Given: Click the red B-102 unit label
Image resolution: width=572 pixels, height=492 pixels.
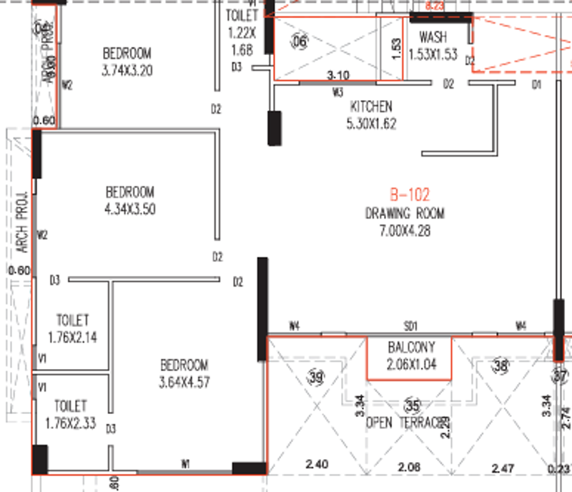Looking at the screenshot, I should pyautogui.click(x=410, y=195).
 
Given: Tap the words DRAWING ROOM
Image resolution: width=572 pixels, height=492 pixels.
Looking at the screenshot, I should pyautogui.click(x=405, y=213).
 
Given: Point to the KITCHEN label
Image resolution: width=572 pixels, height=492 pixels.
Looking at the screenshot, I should pyautogui.click(x=370, y=107).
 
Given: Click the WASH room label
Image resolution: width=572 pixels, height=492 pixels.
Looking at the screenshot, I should pyautogui.click(x=433, y=37).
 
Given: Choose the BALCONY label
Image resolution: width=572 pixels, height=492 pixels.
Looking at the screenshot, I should pyautogui.click(x=410, y=347).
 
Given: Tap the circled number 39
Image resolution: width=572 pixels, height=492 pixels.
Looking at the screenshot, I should pyautogui.click(x=316, y=377).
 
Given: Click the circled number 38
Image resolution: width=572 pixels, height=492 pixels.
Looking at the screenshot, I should pyautogui.click(x=500, y=366).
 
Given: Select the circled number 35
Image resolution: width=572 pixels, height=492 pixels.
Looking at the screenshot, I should pyautogui.click(x=411, y=405).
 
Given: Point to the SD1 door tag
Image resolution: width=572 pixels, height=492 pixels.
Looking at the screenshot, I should pyautogui.click(x=411, y=326).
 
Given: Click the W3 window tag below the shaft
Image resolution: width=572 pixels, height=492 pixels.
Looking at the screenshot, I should pyautogui.click(x=338, y=92).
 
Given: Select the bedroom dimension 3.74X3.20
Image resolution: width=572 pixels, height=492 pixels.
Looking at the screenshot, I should pyautogui.click(x=128, y=70).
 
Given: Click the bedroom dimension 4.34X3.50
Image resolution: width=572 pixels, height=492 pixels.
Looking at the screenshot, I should pyautogui.click(x=129, y=209).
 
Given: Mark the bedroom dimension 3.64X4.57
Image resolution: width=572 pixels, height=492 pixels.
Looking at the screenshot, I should pyautogui.click(x=184, y=382).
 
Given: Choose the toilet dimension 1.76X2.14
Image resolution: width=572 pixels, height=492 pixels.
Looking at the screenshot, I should pyautogui.click(x=72, y=336).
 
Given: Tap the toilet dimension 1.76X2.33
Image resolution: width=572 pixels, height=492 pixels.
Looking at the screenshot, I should pyautogui.click(x=70, y=423).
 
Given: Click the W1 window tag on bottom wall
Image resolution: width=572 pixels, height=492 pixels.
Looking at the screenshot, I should pyautogui.click(x=185, y=465).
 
